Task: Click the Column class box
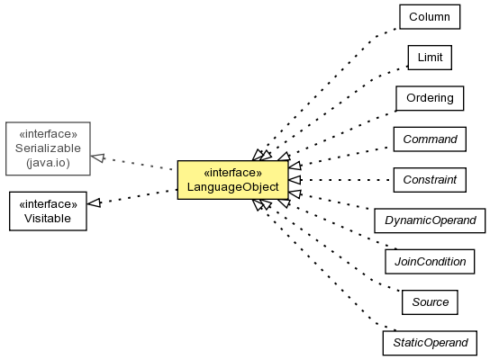pyautogui.click(x=430, y=17)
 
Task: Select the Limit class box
pyautogui.click(x=430, y=58)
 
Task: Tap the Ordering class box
pyautogui.click(x=430, y=98)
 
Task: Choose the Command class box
pyautogui.click(x=430, y=139)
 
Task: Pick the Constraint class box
pyautogui.click(x=430, y=180)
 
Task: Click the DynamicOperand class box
pyautogui.click(x=430, y=220)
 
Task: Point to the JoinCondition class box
pyautogui.click(x=430, y=261)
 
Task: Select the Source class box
pyautogui.click(x=430, y=302)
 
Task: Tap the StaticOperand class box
pyautogui.click(x=430, y=343)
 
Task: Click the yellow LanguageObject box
pyautogui.click(x=232, y=180)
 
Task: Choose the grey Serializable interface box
pyautogui.click(x=48, y=148)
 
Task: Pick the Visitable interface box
pyautogui.click(x=48, y=211)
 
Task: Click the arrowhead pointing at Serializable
pyautogui.click(x=97, y=157)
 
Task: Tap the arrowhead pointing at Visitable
pyautogui.click(x=94, y=202)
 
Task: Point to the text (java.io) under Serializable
pyautogui.click(x=48, y=163)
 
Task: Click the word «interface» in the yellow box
pyautogui.click(x=232, y=173)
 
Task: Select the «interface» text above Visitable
pyautogui.click(x=48, y=204)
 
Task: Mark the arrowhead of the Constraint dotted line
pyautogui.click(x=295, y=180)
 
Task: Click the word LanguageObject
pyautogui.click(x=232, y=187)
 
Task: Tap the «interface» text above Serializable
pyautogui.click(x=48, y=134)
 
